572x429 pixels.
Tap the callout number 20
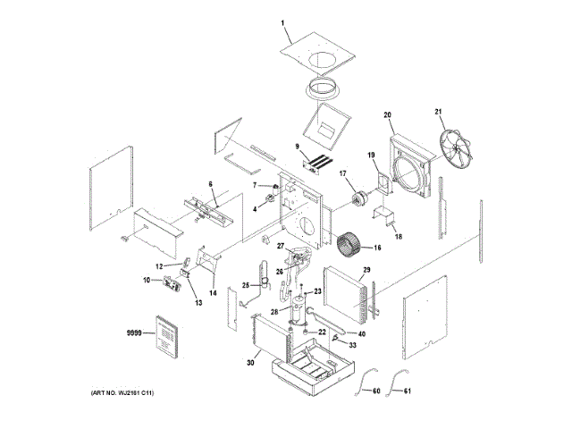[x=389, y=114]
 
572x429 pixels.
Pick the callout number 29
[x=366, y=271]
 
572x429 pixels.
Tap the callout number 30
[x=250, y=363]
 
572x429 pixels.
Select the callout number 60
[x=376, y=391]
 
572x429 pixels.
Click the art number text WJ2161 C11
[x=129, y=394]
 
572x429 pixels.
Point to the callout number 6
[x=211, y=184]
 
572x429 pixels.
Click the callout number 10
[x=146, y=281]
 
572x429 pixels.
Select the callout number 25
[x=245, y=285]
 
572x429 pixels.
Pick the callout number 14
[x=214, y=292]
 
